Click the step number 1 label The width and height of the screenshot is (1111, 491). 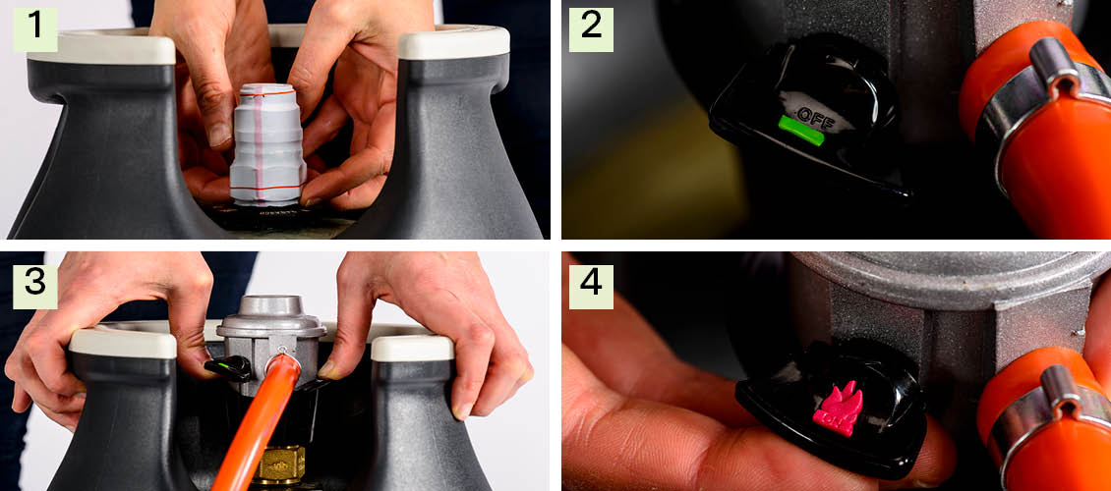34,29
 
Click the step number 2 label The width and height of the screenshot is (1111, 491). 591,29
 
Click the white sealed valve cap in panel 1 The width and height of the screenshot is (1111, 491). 268,145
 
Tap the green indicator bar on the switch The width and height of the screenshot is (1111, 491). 800,130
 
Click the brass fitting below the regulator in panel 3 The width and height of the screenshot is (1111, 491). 280,464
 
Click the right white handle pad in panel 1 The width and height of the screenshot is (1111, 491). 453,42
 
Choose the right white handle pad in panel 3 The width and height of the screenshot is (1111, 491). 412,348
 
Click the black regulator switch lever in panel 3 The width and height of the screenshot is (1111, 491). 227,368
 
